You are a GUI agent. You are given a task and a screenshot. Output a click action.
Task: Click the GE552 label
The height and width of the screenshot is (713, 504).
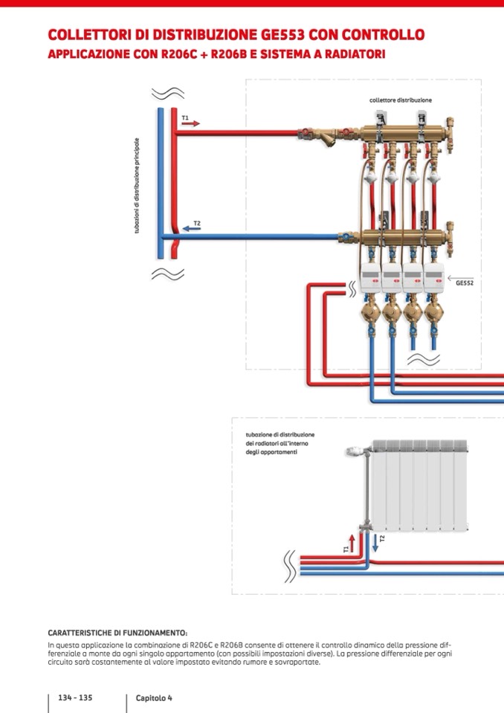click(x=465, y=283)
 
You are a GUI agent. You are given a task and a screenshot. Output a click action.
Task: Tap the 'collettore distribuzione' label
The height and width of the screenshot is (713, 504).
click(x=401, y=100)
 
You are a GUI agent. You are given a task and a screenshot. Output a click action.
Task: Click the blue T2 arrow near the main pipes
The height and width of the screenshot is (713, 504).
click(x=191, y=228)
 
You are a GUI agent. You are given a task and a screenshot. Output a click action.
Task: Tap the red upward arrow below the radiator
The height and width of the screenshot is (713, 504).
click(x=352, y=542)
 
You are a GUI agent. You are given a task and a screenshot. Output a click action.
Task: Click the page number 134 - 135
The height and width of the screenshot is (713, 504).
click(x=75, y=698)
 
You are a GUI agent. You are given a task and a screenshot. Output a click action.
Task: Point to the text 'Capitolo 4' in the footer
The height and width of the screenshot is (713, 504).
click(x=154, y=698)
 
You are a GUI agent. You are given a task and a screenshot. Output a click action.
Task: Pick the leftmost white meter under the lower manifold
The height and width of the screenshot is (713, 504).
click(x=370, y=276)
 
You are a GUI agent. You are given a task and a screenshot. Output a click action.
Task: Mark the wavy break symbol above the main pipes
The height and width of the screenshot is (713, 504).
click(x=168, y=94)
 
